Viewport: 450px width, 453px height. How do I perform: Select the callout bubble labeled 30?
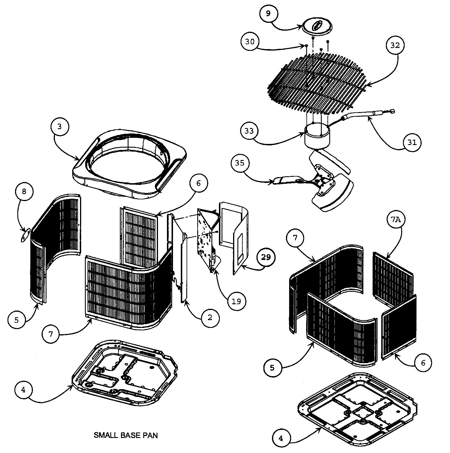[250, 42]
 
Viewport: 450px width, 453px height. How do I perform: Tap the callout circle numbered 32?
[395, 45]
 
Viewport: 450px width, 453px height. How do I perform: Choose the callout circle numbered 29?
[266, 257]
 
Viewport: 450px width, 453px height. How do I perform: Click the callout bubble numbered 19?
[236, 301]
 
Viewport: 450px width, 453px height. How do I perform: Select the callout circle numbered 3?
[59, 127]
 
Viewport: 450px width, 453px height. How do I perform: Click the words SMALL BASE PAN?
[126, 435]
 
